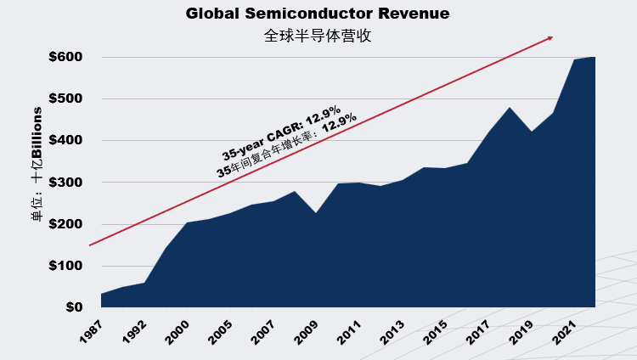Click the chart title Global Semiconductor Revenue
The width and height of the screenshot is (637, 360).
[318, 14]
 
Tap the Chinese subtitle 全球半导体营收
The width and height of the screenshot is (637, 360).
[318, 36]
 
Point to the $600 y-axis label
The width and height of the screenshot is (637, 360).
[65, 57]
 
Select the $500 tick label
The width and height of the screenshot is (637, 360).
[65, 98]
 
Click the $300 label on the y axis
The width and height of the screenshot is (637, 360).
[65, 183]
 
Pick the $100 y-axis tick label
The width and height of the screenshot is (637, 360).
[65, 266]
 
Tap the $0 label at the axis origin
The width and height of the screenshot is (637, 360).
[75, 307]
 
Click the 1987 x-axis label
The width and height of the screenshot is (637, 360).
[91, 332]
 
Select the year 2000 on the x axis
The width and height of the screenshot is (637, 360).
[178, 332]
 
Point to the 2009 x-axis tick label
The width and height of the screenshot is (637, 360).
[306, 332]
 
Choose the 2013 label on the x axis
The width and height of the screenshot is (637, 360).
[392, 332]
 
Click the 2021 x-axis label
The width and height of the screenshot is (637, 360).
[564, 332]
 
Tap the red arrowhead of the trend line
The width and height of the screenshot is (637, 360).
[550, 38]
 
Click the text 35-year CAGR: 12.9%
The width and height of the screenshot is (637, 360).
[281, 132]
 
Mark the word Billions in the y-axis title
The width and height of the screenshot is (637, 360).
[37, 132]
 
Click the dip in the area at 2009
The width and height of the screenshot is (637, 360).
[316, 213]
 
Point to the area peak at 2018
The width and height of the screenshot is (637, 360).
[510, 107]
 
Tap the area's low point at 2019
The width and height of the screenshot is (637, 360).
[532, 132]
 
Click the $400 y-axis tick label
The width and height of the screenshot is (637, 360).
[65, 140]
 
